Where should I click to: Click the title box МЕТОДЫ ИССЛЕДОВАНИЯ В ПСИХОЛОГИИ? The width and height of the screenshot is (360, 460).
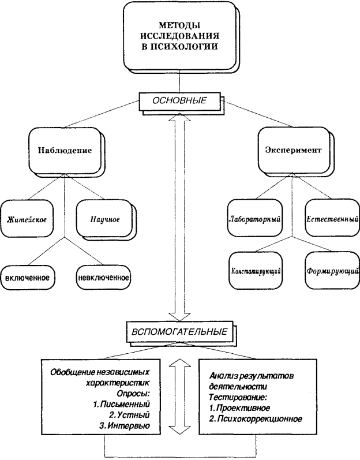coord(179,37)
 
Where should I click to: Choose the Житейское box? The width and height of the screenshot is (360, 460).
coord(27,219)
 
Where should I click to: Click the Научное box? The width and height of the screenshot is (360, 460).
coord(104,219)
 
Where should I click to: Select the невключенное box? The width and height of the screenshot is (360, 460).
coord(102,276)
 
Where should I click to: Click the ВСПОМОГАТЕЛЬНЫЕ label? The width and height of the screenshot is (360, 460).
coord(181,333)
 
